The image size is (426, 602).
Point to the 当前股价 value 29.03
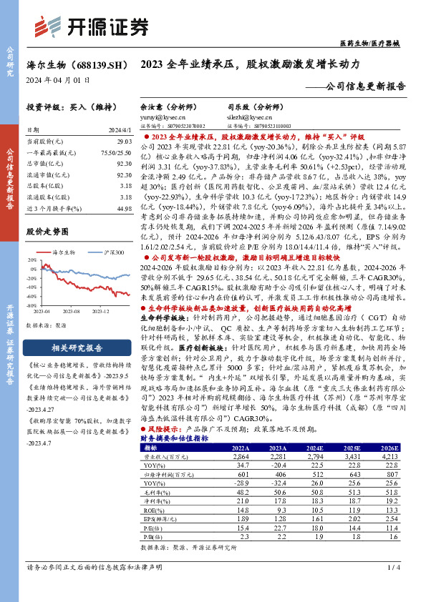124,143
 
